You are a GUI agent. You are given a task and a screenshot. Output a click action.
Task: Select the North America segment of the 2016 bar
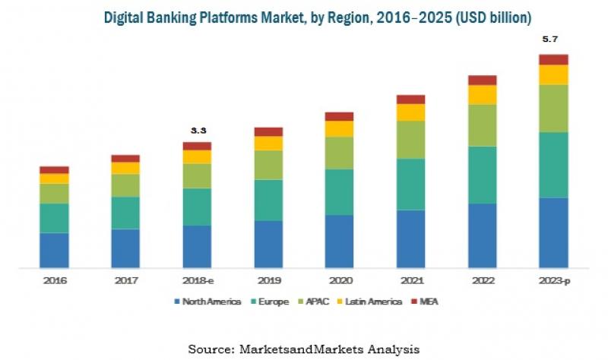click(x=55, y=250)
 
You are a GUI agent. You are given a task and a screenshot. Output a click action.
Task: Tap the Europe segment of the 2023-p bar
click(x=554, y=165)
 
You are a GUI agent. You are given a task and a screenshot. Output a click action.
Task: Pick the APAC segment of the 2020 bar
click(x=340, y=153)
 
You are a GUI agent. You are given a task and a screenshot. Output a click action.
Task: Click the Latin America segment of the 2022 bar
click(x=483, y=94)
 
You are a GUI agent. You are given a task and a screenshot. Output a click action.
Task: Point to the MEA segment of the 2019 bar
click(x=268, y=131)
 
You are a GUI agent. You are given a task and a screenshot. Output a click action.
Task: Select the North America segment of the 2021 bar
click(x=411, y=238)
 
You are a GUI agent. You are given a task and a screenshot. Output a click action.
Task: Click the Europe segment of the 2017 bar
click(x=125, y=213)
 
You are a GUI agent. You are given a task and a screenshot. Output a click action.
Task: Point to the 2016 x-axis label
click(x=55, y=280)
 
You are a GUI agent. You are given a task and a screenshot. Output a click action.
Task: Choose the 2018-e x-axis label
click(x=197, y=280)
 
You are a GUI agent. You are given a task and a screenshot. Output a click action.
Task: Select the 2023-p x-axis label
click(x=554, y=280)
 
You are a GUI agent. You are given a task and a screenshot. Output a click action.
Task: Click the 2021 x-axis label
click(x=411, y=280)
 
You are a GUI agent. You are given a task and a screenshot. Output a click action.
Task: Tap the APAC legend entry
click(x=315, y=302)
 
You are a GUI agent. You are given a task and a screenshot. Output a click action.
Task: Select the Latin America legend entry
click(x=371, y=302)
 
